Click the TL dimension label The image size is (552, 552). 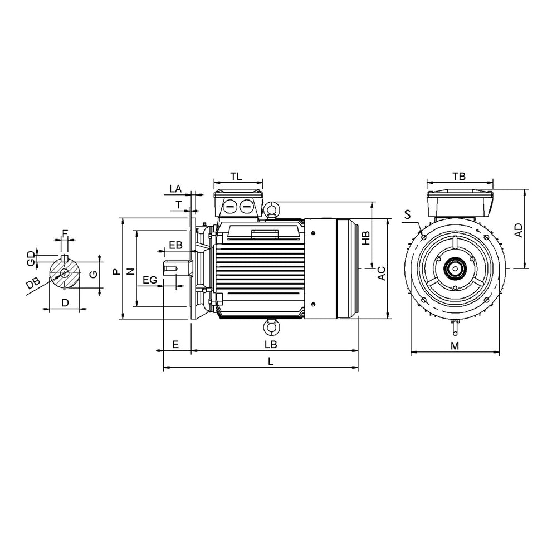[x=237, y=177]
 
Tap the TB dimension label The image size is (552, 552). [x=459, y=177]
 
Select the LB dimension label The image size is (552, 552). [x=271, y=345]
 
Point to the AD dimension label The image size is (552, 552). [x=519, y=230]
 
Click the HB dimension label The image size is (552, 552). [x=366, y=238]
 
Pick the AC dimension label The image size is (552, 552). [x=382, y=273]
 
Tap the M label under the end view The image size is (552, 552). [x=455, y=346]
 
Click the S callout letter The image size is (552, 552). [x=408, y=215]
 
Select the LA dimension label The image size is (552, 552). [x=175, y=189]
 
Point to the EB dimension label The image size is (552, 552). [x=175, y=245]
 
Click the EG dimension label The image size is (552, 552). [x=150, y=280]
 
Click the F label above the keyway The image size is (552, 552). [x=65, y=233]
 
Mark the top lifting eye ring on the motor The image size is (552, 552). [x=271, y=208]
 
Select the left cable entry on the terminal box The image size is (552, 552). [x=229, y=207]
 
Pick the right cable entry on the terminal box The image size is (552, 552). [x=246, y=207]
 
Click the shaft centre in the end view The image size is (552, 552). [x=455, y=268]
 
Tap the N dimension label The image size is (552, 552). [x=131, y=271]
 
